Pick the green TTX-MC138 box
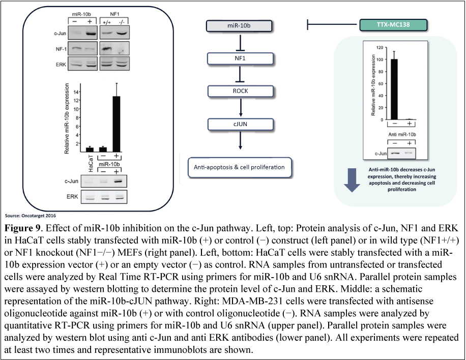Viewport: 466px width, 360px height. pos(393,24)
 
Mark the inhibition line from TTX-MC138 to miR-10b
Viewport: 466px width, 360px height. pos(333,24)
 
